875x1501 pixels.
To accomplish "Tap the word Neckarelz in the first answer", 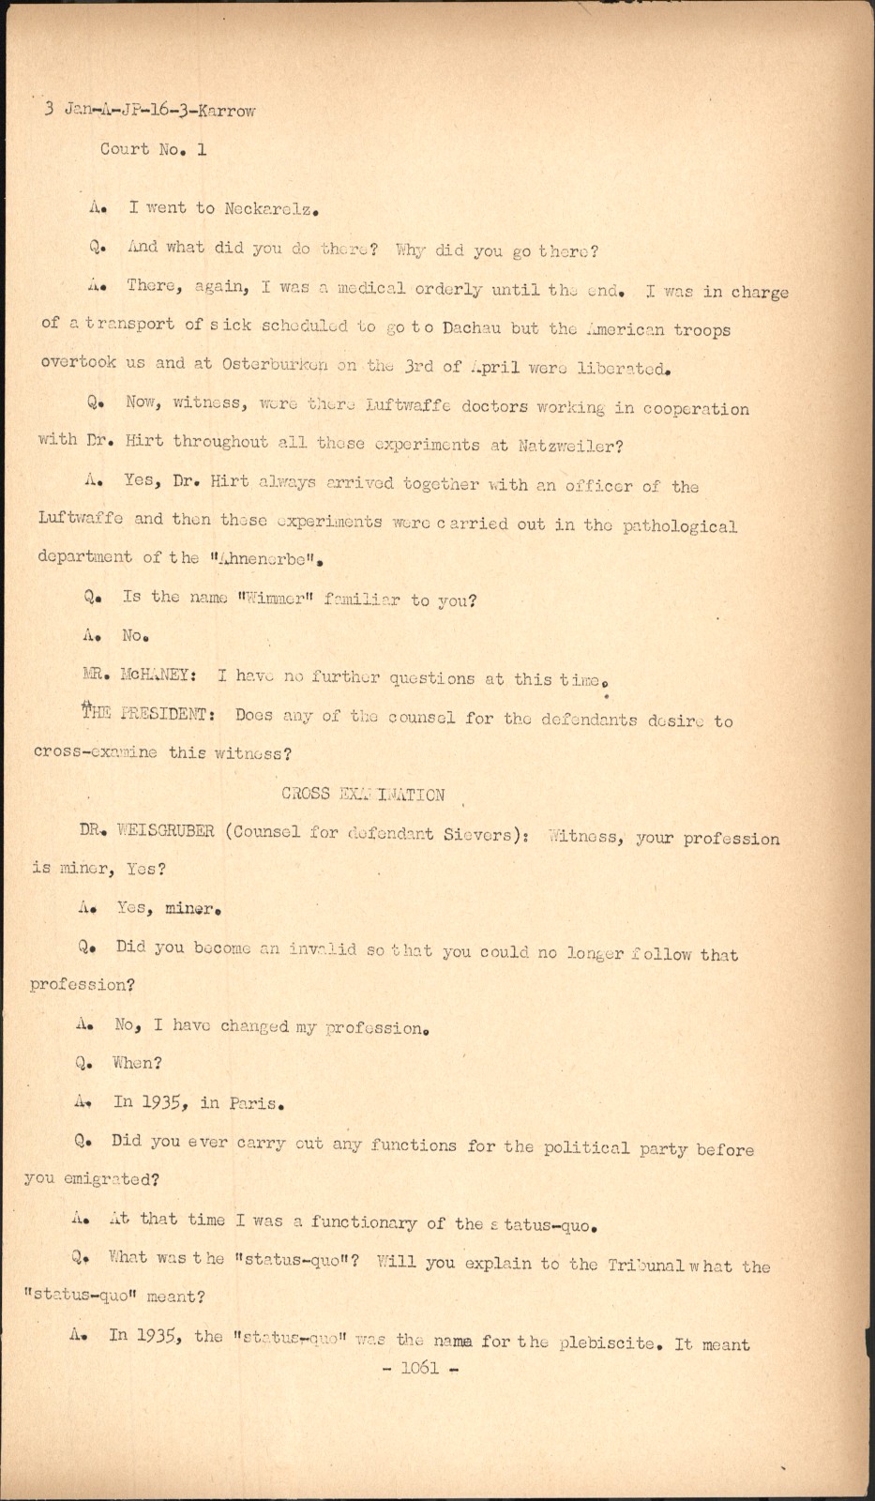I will coord(267,208).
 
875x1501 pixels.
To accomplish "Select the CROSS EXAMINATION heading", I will coord(363,795).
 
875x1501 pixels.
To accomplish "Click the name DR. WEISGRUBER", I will coord(147,831).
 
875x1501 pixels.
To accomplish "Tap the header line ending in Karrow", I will coord(150,110).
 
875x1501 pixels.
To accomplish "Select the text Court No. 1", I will coord(153,149).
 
